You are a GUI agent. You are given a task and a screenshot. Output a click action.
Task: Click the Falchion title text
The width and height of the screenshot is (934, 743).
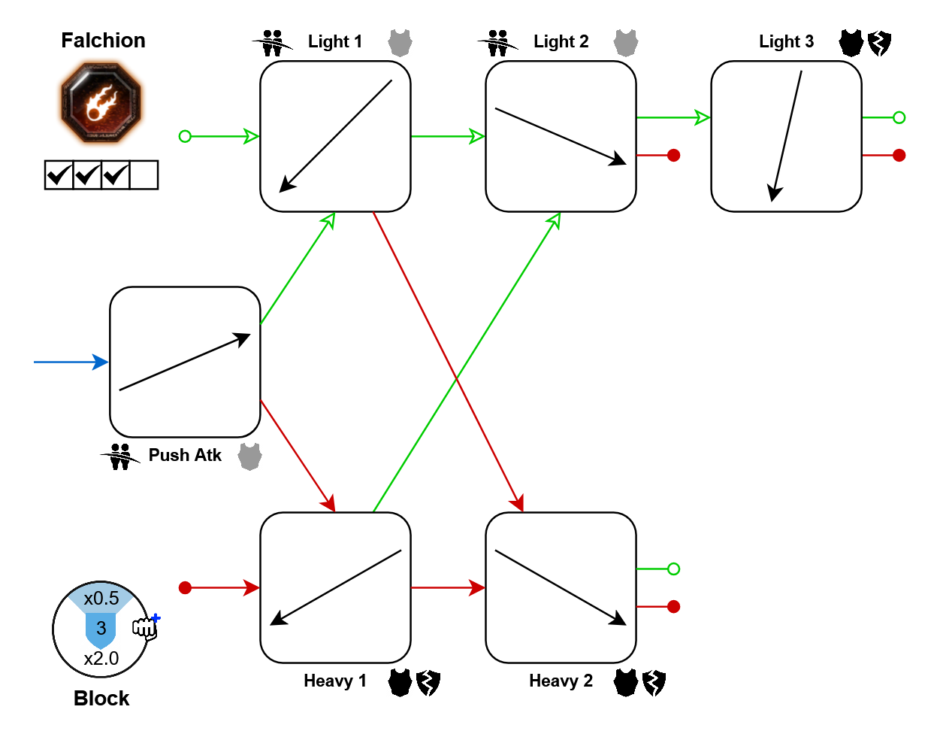click(103, 41)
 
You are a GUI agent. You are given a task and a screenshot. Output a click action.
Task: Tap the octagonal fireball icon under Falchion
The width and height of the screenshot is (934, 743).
click(101, 103)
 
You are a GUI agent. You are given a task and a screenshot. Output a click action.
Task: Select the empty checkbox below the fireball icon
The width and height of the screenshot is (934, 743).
click(144, 175)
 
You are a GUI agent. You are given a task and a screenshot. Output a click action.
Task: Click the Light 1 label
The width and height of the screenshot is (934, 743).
click(334, 42)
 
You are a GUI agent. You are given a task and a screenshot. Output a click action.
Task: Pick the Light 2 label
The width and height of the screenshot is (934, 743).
click(561, 42)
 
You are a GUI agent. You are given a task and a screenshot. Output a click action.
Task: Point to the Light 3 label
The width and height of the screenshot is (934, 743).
click(786, 42)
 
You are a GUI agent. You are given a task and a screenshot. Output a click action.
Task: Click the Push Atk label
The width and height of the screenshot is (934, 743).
click(185, 456)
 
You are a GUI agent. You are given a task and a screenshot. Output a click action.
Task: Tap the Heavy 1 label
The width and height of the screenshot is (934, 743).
click(334, 681)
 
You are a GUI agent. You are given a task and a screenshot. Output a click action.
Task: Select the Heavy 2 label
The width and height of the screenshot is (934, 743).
click(561, 681)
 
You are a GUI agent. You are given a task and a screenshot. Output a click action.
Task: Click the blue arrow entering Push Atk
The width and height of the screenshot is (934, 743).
click(71, 362)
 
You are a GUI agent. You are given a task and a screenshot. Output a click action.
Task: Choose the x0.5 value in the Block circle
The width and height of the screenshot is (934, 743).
click(101, 599)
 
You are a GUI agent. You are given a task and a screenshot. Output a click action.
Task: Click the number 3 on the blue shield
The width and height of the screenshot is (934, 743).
click(101, 628)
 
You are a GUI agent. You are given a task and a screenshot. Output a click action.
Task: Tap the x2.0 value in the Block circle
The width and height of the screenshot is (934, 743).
click(101, 659)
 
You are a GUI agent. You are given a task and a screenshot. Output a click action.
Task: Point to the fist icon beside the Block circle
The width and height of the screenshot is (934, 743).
click(145, 626)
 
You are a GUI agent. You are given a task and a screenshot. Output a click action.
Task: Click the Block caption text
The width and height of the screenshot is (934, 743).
click(101, 699)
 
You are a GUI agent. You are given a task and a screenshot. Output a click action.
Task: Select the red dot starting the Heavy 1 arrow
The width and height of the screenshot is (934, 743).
click(185, 587)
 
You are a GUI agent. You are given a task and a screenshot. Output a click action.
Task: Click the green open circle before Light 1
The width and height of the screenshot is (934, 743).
click(185, 136)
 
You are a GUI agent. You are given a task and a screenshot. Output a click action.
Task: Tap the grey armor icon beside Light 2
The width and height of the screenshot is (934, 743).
click(626, 43)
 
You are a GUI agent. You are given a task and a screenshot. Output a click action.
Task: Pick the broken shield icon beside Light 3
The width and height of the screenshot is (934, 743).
click(879, 43)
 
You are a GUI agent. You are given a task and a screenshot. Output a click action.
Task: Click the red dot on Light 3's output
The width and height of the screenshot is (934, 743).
click(899, 155)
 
